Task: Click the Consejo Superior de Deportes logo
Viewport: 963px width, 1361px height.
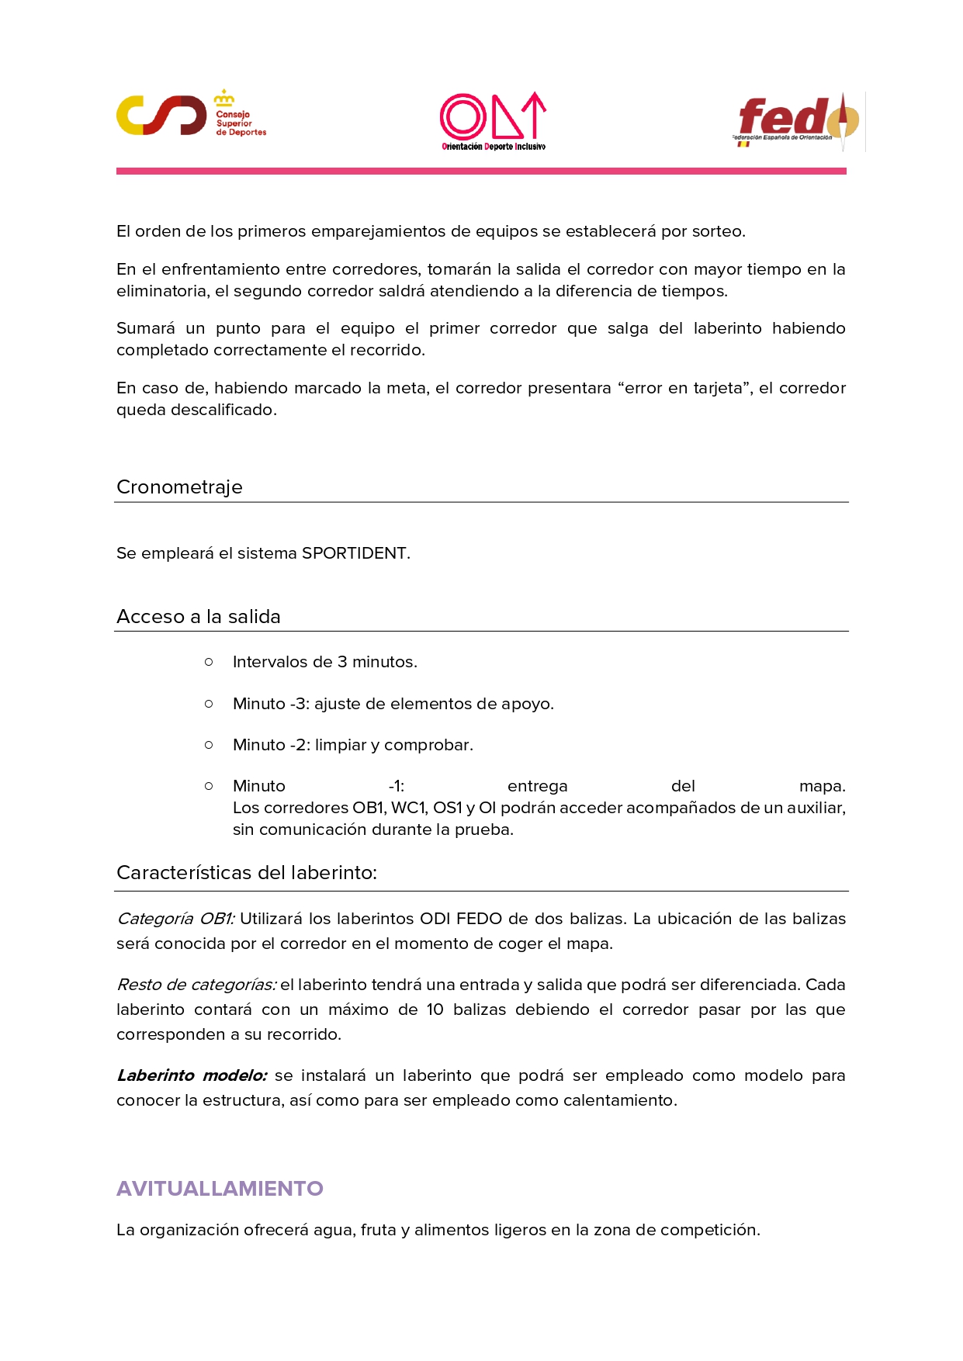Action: point(190,115)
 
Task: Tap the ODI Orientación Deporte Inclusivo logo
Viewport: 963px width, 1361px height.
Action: point(493,121)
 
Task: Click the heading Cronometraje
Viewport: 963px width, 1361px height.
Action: point(179,487)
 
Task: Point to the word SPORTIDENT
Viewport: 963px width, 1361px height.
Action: point(354,553)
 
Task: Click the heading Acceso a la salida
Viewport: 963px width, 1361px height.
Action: point(199,617)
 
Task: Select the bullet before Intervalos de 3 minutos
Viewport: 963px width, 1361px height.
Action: point(209,662)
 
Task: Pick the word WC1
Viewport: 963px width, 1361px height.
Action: point(409,808)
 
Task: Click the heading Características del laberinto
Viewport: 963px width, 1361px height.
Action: point(247,873)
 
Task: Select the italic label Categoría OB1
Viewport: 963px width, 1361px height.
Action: point(175,919)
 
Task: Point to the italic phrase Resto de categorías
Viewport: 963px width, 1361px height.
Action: point(196,985)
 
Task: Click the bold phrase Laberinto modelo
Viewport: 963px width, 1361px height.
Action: point(192,1075)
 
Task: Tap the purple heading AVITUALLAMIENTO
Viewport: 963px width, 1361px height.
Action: point(220,1189)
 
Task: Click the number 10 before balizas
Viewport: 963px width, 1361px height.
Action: point(435,1009)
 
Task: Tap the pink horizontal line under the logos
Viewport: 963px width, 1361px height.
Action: point(481,171)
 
